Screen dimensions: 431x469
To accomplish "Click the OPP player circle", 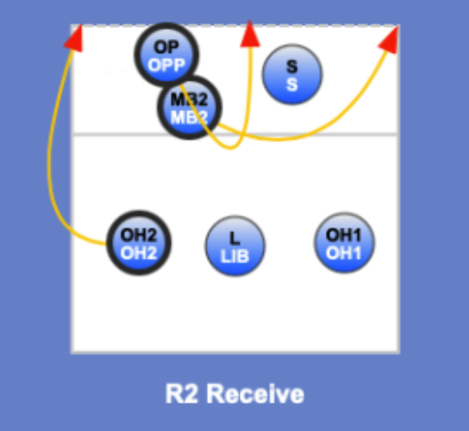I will click(x=166, y=55).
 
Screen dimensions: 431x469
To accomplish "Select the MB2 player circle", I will click(x=189, y=108).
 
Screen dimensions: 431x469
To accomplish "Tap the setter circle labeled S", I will click(x=292, y=75).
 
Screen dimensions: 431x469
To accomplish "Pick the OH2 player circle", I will click(x=139, y=243).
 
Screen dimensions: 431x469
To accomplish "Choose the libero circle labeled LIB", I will click(x=234, y=246).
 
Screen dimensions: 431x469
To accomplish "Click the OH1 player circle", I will click(x=343, y=243).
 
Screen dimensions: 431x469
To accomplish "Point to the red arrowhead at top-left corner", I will click(x=73, y=38).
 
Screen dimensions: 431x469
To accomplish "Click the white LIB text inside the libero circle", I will click(x=234, y=255).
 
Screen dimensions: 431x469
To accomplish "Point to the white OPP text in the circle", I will click(x=166, y=65).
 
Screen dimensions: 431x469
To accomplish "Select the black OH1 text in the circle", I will click(x=343, y=235).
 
